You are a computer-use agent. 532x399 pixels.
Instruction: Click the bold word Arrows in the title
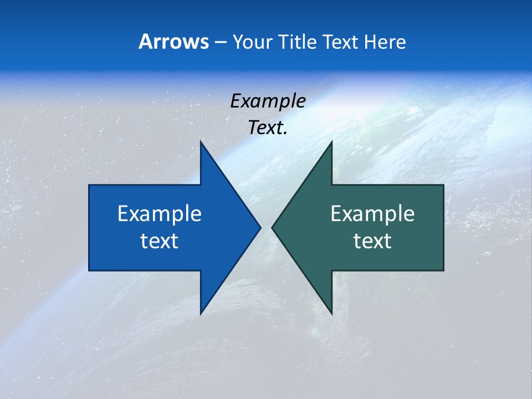(173, 42)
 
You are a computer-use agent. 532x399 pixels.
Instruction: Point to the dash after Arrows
(220, 43)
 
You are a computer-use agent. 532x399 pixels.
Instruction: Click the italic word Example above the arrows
(268, 101)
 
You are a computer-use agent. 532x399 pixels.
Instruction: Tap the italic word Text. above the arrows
(268, 128)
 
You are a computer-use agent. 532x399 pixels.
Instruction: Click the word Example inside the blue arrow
(160, 214)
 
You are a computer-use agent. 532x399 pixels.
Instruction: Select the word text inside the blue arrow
(160, 241)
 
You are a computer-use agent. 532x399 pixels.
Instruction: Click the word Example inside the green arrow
(372, 214)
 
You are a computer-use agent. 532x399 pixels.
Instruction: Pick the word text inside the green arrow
(372, 241)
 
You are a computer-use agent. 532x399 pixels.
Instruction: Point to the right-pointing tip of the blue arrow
(260, 227)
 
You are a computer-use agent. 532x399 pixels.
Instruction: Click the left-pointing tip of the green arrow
(272, 227)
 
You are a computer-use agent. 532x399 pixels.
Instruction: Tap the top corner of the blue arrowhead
(201, 142)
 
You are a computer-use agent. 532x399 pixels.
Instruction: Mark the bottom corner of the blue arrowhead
(201, 314)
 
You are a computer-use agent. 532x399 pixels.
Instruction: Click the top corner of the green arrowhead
(331, 142)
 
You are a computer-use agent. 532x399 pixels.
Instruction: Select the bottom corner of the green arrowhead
(331, 314)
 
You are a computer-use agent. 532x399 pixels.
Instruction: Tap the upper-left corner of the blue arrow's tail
(89, 185)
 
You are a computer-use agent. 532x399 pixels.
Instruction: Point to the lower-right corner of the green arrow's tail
(443, 270)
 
